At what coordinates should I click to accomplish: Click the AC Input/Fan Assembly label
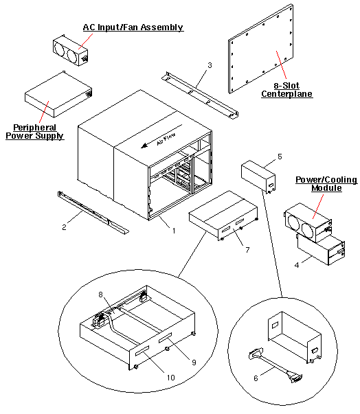pyautogui.click(x=133, y=27)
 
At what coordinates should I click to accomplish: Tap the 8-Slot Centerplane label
pyautogui.click(x=287, y=90)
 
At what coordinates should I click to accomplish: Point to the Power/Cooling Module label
pyautogui.click(x=326, y=184)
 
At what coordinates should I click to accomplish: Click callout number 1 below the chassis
pyautogui.click(x=174, y=231)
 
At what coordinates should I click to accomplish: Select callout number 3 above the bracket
pyautogui.click(x=210, y=66)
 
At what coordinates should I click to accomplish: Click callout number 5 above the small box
pyautogui.click(x=280, y=157)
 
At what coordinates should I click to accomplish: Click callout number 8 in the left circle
pyautogui.click(x=101, y=294)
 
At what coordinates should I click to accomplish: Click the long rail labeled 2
pyautogui.click(x=92, y=213)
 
